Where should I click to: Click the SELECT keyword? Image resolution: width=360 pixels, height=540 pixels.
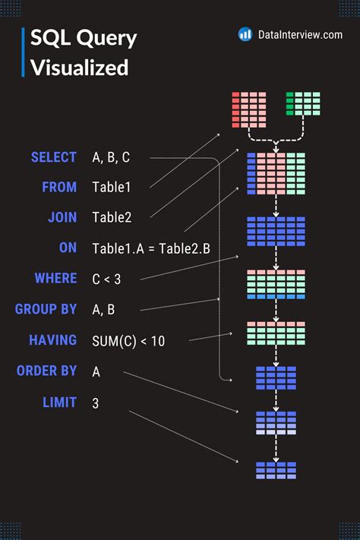(53, 157)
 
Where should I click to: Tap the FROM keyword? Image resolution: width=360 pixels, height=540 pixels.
(59, 187)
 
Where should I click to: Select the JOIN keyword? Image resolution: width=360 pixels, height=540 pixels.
(62, 217)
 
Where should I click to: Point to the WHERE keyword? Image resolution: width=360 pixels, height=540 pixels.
(55, 278)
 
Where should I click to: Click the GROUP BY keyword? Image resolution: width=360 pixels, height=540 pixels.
(46, 309)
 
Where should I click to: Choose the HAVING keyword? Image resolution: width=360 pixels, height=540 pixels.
(52, 339)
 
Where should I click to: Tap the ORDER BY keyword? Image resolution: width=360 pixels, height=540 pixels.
(46, 371)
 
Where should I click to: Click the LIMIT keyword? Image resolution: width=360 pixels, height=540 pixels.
(59, 402)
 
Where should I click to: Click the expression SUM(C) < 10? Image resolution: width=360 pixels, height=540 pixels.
(128, 340)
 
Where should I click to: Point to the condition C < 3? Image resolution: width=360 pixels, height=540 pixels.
(106, 279)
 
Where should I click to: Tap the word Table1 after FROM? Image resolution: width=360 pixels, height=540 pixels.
(112, 187)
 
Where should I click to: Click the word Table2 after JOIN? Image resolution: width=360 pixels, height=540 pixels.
(112, 218)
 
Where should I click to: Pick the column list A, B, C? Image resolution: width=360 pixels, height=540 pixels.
(111, 158)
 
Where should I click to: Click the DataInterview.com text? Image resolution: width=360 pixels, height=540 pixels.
(300, 34)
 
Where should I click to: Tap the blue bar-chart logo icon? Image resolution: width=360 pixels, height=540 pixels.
(245, 34)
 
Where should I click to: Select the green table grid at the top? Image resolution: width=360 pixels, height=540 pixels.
(303, 104)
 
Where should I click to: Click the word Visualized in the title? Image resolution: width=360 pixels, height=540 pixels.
(80, 68)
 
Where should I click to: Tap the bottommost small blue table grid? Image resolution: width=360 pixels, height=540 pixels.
(276, 470)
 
